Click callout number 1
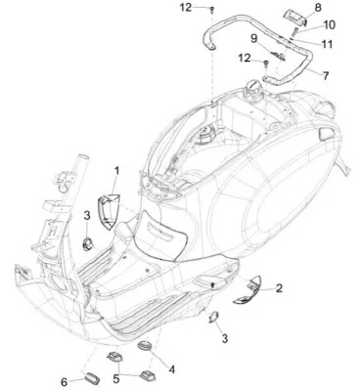(116, 171)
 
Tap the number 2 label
(279, 288)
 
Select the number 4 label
(171, 369)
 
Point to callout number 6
(65, 381)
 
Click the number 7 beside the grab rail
(325, 75)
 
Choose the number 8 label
(318, 8)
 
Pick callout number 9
(254, 39)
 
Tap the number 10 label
(329, 24)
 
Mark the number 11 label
(327, 44)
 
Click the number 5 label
(116, 379)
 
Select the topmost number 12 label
(186, 7)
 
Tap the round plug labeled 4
(145, 345)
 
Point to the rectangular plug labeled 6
(93, 379)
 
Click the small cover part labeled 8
(295, 18)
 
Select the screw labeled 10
(295, 32)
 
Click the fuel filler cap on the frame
(252, 85)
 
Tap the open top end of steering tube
(83, 158)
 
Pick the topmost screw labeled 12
(212, 10)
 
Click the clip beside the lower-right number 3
(214, 317)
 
